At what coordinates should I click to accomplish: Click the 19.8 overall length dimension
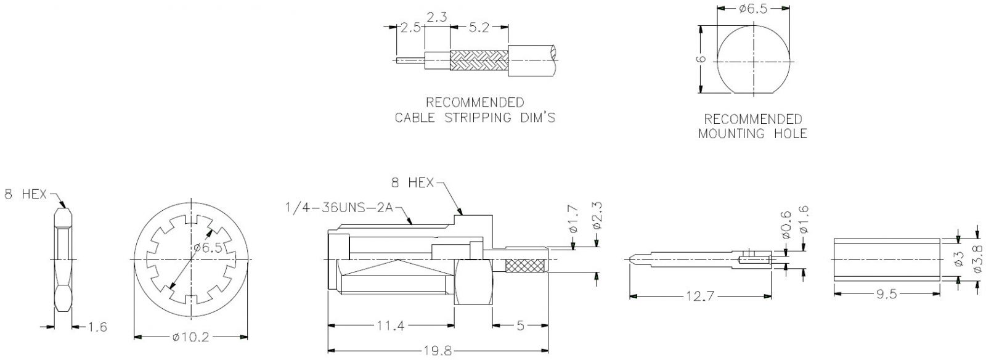438,351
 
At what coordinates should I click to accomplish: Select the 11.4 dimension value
391,325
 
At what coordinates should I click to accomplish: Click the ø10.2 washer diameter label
191,338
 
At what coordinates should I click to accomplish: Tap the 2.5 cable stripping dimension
410,27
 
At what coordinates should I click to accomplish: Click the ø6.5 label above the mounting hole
753,9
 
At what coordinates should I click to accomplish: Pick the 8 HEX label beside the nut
25,194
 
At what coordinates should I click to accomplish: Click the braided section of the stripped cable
479,60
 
